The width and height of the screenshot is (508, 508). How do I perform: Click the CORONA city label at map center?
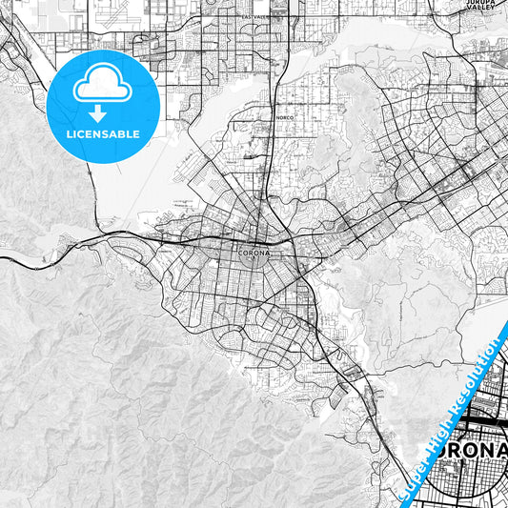pyautogui.click(x=254, y=254)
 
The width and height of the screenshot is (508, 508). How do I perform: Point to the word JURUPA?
pyautogui.click(x=480, y=3)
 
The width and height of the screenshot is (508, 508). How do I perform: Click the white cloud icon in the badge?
pyautogui.click(x=103, y=83)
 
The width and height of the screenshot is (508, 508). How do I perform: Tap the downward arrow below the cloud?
pyautogui.click(x=103, y=113)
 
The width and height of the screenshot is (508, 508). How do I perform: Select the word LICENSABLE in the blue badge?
pyautogui.click(x=103, y=134)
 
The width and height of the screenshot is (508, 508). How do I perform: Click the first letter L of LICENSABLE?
pyautogui.click(x=69, y=134)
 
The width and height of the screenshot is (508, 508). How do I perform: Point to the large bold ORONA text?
pyautogui.click(x=465, y=450)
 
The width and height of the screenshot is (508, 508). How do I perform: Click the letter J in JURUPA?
pyautogui.click(x=468, y=3)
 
